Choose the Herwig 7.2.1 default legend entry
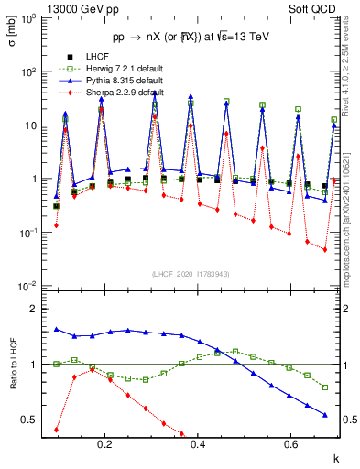[111, 69]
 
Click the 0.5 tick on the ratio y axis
[32, 420]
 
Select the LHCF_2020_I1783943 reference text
[191, 275]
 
